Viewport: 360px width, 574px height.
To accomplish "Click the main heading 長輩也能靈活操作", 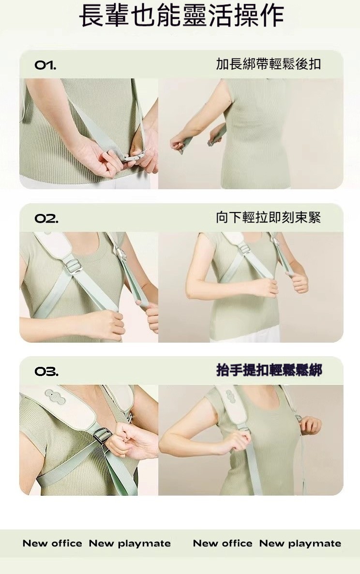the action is point(181,15).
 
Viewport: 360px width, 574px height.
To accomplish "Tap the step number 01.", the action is point(45,65).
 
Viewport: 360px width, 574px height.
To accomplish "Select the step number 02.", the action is point(46,219).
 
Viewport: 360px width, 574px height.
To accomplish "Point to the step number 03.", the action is point(46,372).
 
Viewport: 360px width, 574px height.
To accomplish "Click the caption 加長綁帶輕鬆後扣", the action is point(269,64).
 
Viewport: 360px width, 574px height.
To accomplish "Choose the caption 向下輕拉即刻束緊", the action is point(269,217).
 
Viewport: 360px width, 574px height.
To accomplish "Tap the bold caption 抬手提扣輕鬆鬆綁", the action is point(269,370).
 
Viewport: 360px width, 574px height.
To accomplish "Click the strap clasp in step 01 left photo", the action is point(134,157).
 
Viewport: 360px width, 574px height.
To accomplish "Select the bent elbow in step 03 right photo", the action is point(166,442).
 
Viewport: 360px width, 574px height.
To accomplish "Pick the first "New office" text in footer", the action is point(52,543).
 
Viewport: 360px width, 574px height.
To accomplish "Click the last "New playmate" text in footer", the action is point(300,544).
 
